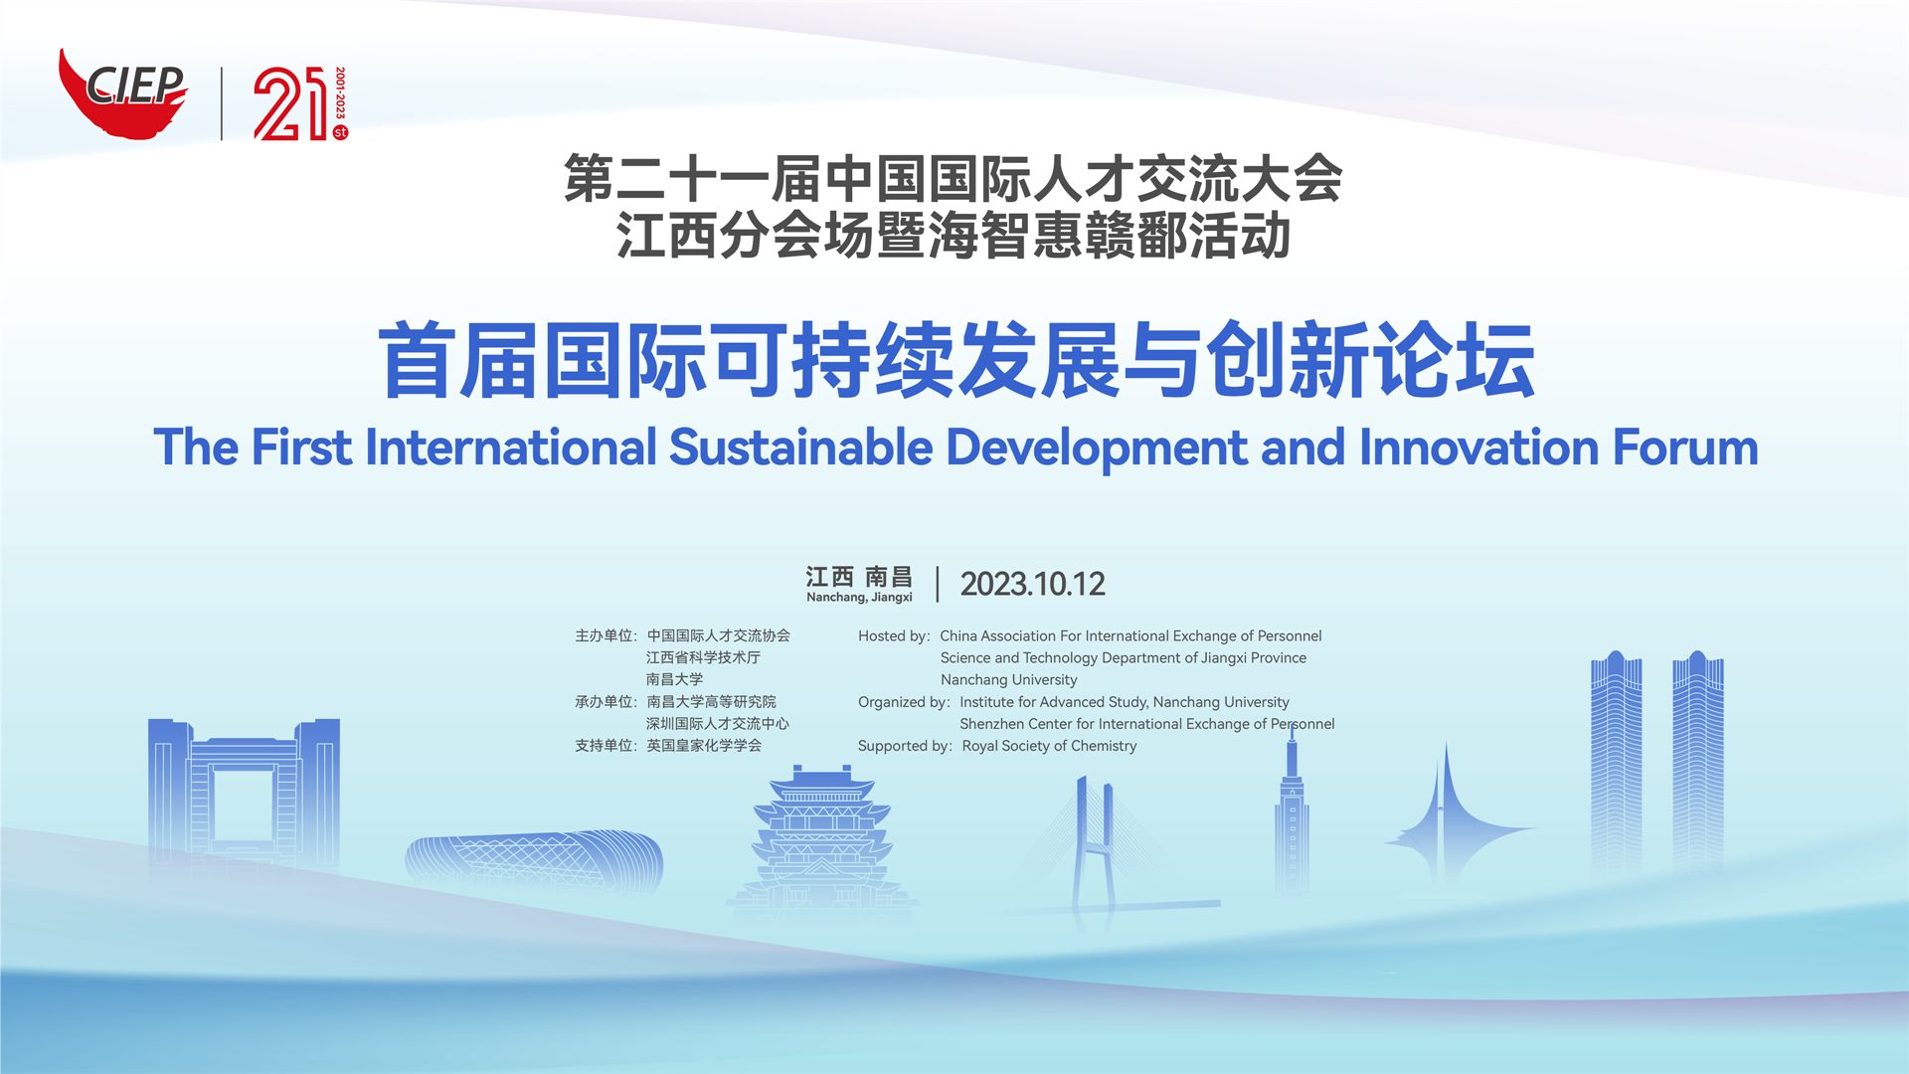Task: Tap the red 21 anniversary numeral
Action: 289,104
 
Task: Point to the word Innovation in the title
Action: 1479,447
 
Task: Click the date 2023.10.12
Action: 1032,584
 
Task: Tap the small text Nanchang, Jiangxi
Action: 859,598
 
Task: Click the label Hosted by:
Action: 894,636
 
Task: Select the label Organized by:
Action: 904,702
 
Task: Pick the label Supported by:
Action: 905,746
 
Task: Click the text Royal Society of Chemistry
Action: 1049,746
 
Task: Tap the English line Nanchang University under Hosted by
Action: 1008,680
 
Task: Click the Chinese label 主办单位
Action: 604,635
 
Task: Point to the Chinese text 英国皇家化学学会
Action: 704,746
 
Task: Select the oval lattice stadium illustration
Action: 534,860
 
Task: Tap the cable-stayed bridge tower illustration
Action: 1096,845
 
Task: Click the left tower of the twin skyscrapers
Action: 1616,761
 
